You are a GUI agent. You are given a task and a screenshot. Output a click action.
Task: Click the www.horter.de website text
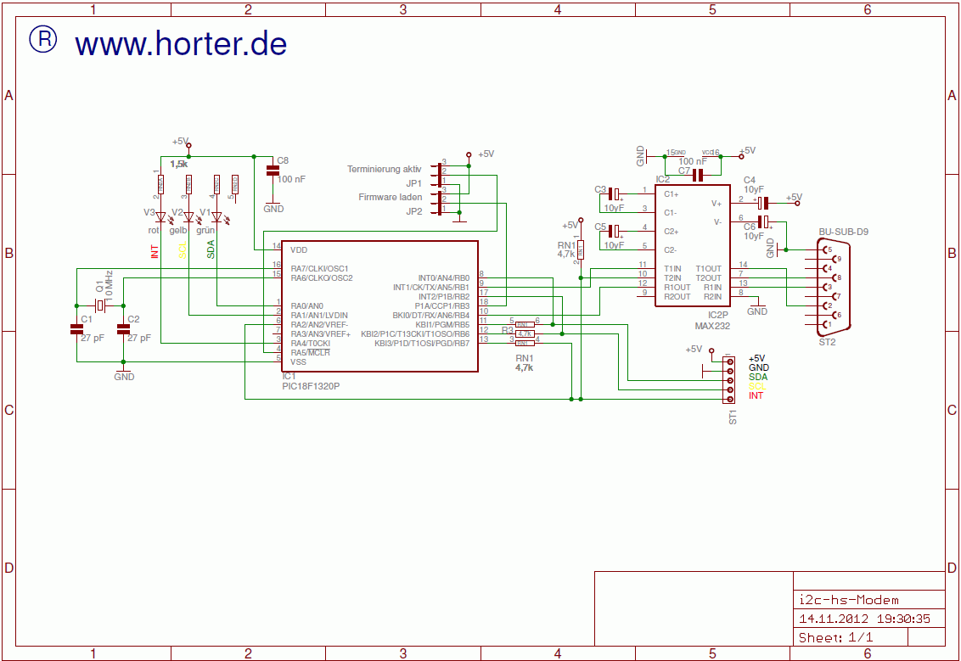click(180, 43)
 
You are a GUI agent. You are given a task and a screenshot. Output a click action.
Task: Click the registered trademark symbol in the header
click(43, 39)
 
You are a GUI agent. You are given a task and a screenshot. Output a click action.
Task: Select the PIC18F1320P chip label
click(311, 386)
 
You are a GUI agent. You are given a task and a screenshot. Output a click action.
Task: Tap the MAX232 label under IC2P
click(712, 325)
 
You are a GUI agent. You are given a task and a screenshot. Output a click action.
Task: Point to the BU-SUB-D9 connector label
click(843, 231)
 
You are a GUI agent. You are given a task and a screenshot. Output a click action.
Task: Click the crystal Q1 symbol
click(100, 305)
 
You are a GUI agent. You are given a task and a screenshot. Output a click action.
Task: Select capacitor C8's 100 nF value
click(292, 179)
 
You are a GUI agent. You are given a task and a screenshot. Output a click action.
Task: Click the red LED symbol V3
click(160, 217)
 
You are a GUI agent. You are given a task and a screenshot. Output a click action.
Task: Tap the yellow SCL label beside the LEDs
click(183, 249)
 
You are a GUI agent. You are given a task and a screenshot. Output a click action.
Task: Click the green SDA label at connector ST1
click(758, 377)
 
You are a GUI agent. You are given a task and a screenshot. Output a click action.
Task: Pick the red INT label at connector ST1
click(756, 396)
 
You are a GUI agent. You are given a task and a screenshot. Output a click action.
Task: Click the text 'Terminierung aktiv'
click(384, 170)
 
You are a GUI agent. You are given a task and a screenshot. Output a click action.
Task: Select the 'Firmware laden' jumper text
click(390, 198)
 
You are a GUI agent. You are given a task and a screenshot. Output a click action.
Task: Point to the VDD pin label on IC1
click(299, 250)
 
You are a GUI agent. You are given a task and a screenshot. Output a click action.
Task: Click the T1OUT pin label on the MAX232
click(708, 268)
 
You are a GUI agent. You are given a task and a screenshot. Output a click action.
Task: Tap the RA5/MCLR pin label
click(310, 352)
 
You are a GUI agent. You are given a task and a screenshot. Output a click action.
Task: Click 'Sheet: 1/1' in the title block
click(835, 637)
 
